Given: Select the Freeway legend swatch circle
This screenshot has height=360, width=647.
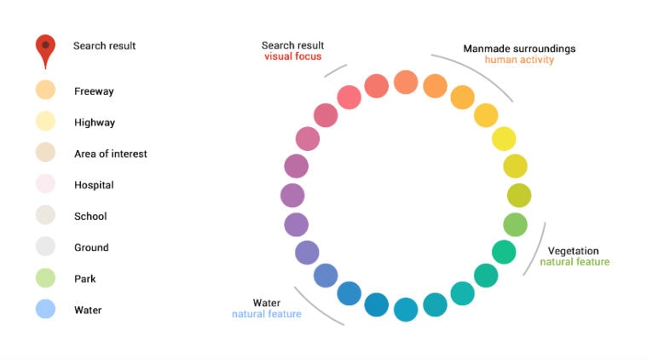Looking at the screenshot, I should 45,90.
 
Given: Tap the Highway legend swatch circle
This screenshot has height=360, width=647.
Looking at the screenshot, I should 45,122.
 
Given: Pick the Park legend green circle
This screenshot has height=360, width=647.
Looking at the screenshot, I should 45,278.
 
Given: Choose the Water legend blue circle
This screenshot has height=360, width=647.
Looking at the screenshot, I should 45,310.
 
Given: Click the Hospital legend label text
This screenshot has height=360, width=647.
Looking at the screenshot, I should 94,185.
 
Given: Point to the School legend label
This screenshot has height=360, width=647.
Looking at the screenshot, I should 90,217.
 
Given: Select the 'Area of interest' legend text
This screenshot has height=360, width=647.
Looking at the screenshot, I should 111,154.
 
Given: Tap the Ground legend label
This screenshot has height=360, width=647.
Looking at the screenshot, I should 91,247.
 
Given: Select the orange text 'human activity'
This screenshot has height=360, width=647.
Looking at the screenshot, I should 519,60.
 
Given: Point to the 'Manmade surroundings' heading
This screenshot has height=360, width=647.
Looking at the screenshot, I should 519,49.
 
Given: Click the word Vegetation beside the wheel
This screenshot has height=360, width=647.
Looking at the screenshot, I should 573,251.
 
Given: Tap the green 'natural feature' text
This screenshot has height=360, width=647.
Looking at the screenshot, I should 575,262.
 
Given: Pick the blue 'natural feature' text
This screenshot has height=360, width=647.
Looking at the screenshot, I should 267,314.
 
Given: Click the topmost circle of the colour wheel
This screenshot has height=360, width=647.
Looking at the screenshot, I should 406,82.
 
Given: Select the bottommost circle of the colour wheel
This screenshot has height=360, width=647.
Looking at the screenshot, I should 406,310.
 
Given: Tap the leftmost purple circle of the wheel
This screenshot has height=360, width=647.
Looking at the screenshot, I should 292,195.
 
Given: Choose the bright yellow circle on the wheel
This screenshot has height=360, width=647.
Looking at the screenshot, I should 504,138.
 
